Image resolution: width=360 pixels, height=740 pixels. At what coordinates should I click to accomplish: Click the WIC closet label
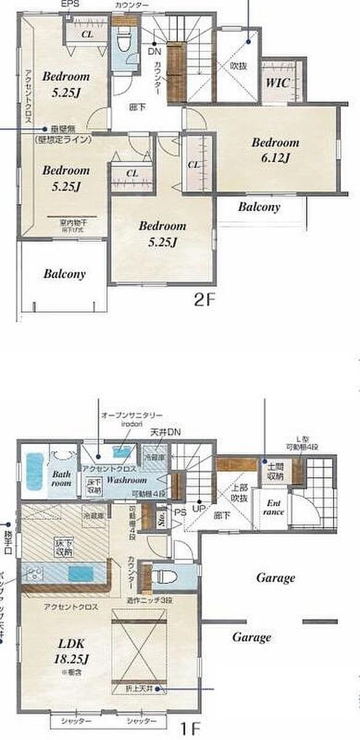[x=277, y=82]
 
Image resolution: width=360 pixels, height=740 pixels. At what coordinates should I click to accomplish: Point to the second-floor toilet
[x=123, y=43]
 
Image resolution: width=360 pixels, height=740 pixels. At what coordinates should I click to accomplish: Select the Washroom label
[x=126, y=481]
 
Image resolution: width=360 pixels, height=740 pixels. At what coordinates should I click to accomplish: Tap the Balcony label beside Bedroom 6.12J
[x=259, y=207]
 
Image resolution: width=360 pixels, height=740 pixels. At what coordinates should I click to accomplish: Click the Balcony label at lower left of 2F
[x=64, y=273]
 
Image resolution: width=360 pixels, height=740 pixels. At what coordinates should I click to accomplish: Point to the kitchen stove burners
[x=33, y=574]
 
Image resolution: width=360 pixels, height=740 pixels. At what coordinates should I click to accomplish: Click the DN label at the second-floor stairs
[x=155, y=50]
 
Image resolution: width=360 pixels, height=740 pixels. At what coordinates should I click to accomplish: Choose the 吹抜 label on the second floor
[x=238, y=66]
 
